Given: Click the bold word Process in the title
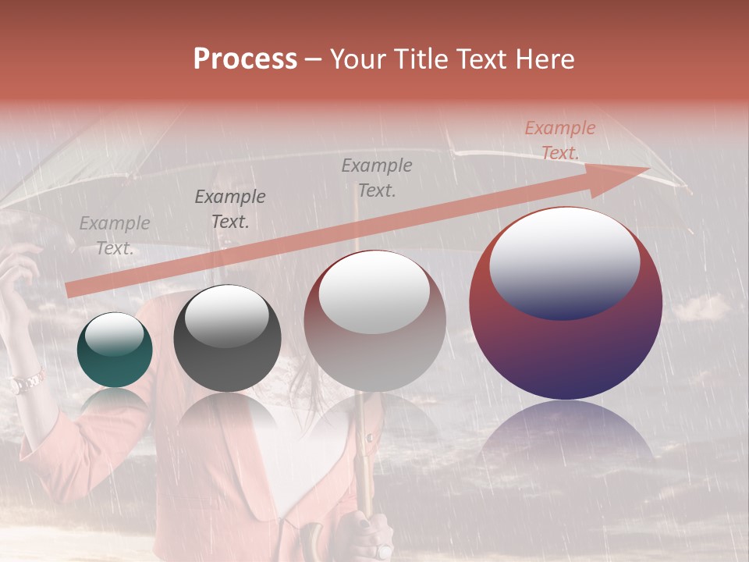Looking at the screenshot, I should pos(245,59).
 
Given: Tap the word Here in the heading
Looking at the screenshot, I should pos(545,59).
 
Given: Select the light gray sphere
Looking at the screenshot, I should pos(375,320).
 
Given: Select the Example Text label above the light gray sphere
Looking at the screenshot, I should pos(377,178).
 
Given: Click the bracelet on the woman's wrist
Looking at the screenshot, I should pos(26,382).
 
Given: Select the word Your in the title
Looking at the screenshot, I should pos(357,59).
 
